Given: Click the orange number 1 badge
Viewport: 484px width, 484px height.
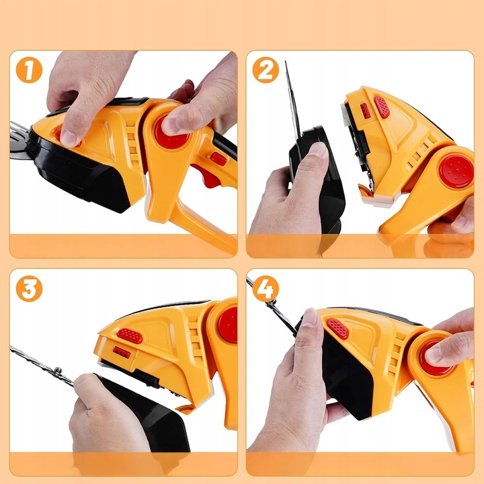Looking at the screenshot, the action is coord(29,70).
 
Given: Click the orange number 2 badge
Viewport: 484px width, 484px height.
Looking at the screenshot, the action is coord(266,70).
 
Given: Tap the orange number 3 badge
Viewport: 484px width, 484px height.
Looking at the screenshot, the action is coord(29,288).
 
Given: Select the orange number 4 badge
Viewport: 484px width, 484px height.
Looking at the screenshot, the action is coord(266,288).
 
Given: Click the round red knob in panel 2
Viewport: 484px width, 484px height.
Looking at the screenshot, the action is coord(456,171).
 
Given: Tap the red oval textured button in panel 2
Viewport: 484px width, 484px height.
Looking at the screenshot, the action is coord(382,108).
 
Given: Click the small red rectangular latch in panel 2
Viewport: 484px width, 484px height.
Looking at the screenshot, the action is coord(365,111).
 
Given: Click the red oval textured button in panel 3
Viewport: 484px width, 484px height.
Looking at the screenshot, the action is coord(130,336).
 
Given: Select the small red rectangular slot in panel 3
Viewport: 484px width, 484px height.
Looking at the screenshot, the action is coord(122,352).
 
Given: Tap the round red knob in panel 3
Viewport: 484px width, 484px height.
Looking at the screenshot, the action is coord(228,325).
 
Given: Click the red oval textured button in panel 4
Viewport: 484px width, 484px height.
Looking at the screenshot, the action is coord(338,329).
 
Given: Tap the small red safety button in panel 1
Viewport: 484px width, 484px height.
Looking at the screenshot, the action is coord(218,159).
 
